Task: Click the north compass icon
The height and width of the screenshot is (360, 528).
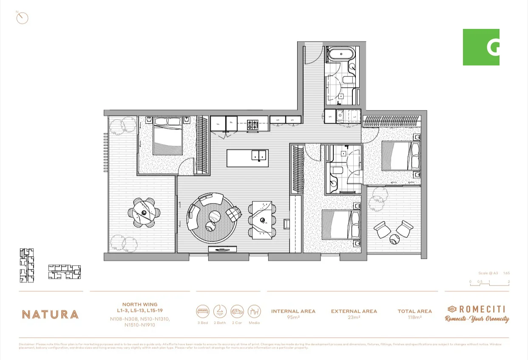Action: (x=22, y=18)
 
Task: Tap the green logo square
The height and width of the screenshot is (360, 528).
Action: (x=481, y=47)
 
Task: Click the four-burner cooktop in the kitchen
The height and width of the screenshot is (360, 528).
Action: (x=253, y=125)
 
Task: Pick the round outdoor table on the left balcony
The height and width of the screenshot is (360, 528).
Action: (x=144, y=213)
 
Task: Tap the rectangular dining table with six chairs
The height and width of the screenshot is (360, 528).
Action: (x=262, y=219)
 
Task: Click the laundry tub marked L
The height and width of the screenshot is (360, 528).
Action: (x=354, y=116)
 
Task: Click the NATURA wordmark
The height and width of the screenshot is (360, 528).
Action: (x=50, y=315)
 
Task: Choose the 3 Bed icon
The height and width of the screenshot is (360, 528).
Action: (x=203, y=312)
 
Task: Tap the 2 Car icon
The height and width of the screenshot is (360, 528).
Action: (x=237, y=312)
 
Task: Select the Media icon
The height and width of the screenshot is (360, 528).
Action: (x=254, y=312)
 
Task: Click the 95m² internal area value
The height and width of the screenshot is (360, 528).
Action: (x=293, y=317)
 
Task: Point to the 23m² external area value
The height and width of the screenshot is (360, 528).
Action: (x=354, y=317)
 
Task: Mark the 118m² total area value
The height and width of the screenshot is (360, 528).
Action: (x=414, y=317)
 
